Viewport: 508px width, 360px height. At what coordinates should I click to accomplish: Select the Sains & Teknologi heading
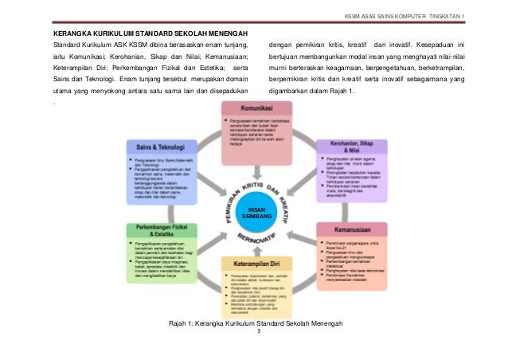tap(156, 147)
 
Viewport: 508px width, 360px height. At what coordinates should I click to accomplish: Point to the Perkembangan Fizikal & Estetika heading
tap(157, 233)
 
